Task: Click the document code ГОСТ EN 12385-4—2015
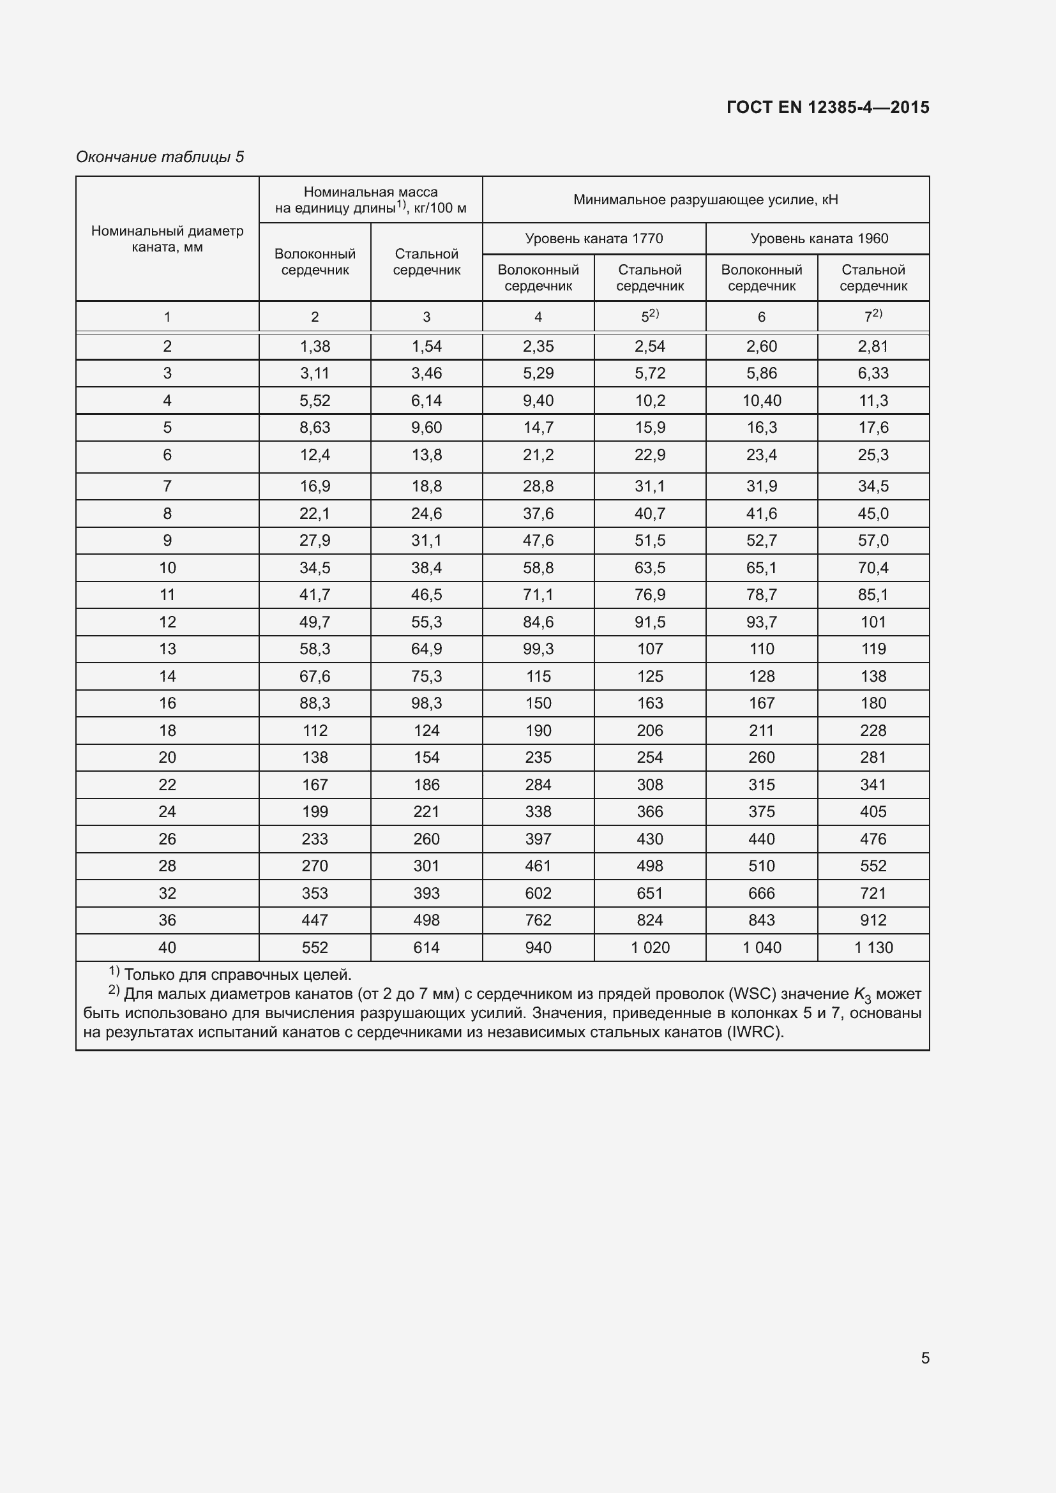(x=828, y=107)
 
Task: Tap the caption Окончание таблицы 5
(x=160, y=157)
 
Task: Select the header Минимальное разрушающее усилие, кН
(x=705, y=200)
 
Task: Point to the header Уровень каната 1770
(x=594, y=239)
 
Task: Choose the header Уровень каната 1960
(x=818, y=239)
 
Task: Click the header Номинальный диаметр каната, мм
(x=167, y=239)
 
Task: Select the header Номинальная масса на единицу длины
(x=371, y=200)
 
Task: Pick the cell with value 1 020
(x=649, y=947)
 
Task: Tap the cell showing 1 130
(x=873, y=947)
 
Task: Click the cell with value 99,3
(x=538, y=649)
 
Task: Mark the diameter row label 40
(x=167, y=947)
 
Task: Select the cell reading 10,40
(x=762, y=401)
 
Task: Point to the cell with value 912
(x=873, y=920)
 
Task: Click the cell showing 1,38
(x=315, y=347)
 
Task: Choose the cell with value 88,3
(x=315, y=703)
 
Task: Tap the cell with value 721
(x=873, y=894)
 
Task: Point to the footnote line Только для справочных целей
(x=238, y=975)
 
